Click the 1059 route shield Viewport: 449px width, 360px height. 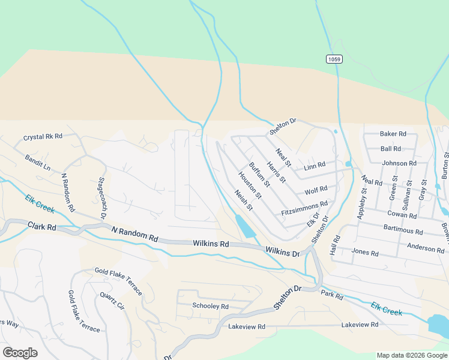pos(334,59)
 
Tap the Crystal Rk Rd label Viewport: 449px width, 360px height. pos(43,137)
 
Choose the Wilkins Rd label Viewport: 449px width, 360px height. pos(211,244)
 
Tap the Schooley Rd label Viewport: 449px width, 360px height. pos(210,307)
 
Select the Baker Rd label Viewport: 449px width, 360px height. pos(393,134)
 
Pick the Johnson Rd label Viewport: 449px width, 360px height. pos(399,163)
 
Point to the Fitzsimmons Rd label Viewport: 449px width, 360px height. pos(304,209)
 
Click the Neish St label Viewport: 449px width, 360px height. pos(244,200)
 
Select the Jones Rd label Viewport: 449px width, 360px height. pos(365,253)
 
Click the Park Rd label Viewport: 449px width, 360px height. pos(331,296)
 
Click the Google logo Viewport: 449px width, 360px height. pos(20,353)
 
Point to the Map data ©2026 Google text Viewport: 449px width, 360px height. pos(411,355)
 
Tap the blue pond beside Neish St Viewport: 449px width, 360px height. pos(246,226)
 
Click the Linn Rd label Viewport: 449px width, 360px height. pos(314,164)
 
